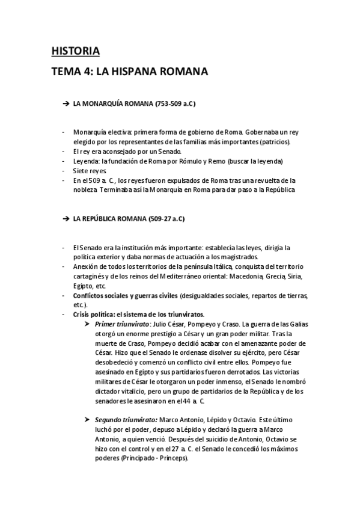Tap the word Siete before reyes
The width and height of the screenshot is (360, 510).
click(82, 171)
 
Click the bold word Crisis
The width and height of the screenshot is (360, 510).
click(84, 314)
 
